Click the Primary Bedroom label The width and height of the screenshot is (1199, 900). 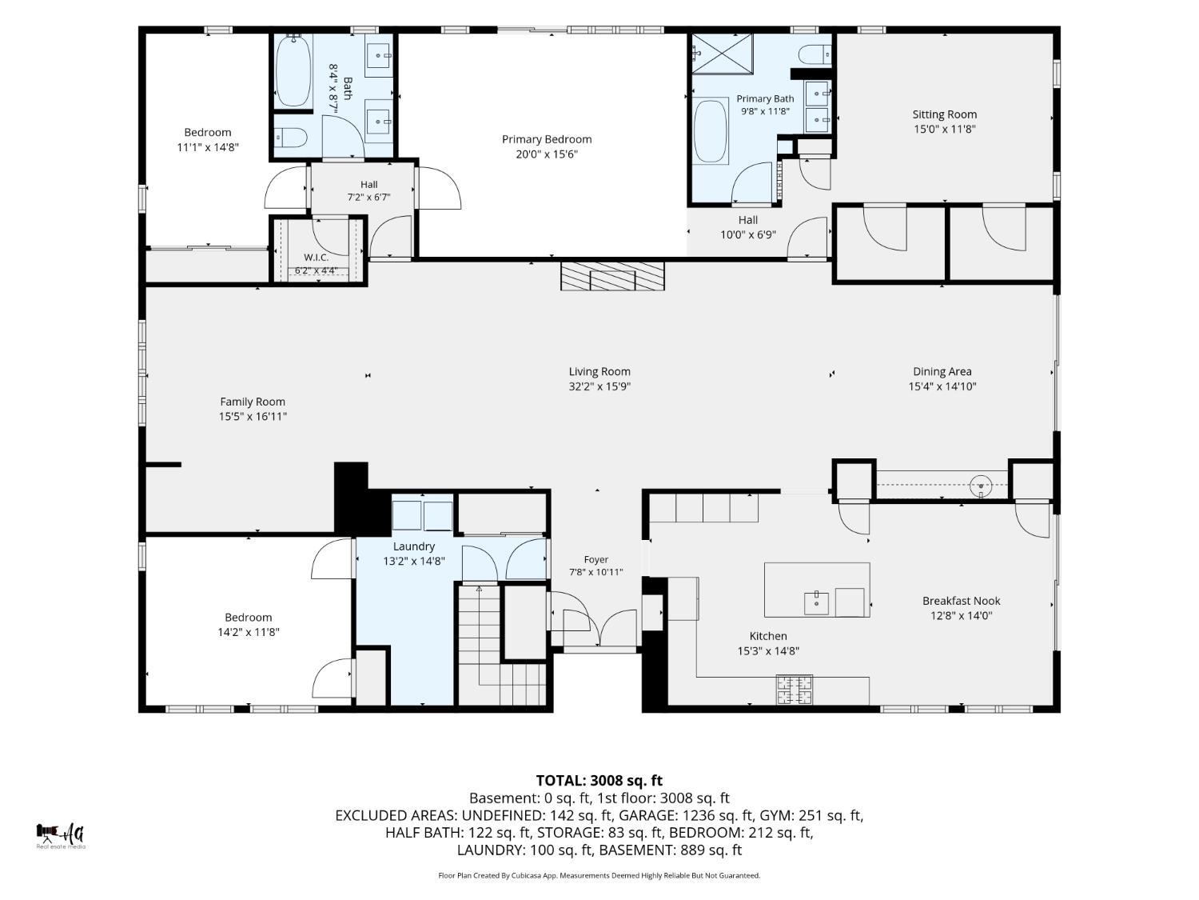point(546,139)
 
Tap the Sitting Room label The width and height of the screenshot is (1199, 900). point(944,114)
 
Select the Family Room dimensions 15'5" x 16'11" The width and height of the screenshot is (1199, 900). point(253,416)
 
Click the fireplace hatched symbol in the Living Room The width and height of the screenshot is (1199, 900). point(611,276)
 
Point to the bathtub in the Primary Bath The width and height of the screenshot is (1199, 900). point(710,131)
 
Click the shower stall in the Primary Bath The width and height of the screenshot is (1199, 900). point(722,54)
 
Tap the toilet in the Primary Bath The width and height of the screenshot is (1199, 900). point(815,54)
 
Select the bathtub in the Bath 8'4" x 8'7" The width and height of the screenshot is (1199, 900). point(293,71)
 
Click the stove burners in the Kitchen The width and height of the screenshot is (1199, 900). point(795,690)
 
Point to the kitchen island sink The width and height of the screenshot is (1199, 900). point(816,603)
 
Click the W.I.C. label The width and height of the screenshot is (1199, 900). point(317,258)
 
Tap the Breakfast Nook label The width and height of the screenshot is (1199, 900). point(961,601)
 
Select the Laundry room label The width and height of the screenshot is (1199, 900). point(413,546)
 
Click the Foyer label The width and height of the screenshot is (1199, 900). point(596,559)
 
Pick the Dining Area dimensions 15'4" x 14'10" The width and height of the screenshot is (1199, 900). point(942,386)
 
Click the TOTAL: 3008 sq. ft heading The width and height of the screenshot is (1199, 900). point(599,780)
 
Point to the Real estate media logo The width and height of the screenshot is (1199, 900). point(61,835)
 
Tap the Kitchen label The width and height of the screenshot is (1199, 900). point(767,636)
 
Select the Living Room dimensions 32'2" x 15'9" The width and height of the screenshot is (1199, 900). point(599,386)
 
